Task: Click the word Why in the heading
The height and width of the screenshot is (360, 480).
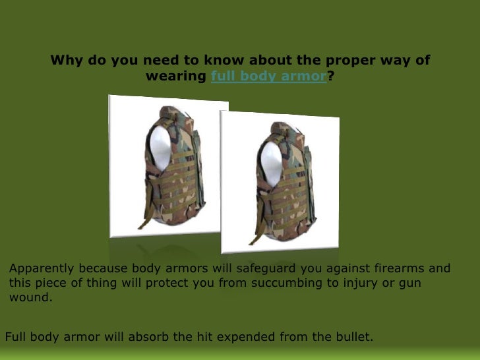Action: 66,61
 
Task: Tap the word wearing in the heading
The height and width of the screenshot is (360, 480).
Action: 175,76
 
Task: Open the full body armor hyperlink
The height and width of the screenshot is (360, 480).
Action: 268,76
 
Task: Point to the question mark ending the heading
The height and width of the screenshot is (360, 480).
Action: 330,76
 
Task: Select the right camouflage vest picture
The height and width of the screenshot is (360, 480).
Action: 280,181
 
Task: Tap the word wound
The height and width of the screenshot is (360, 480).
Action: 30,297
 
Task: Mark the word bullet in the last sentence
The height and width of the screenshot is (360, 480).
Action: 354,338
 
